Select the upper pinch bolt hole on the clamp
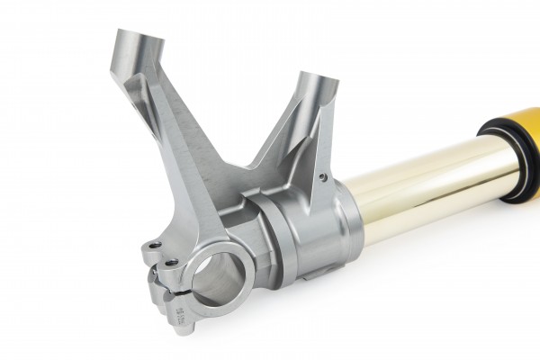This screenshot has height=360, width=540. click(x=156, y=244)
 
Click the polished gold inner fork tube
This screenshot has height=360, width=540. click(x=423, y=193)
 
